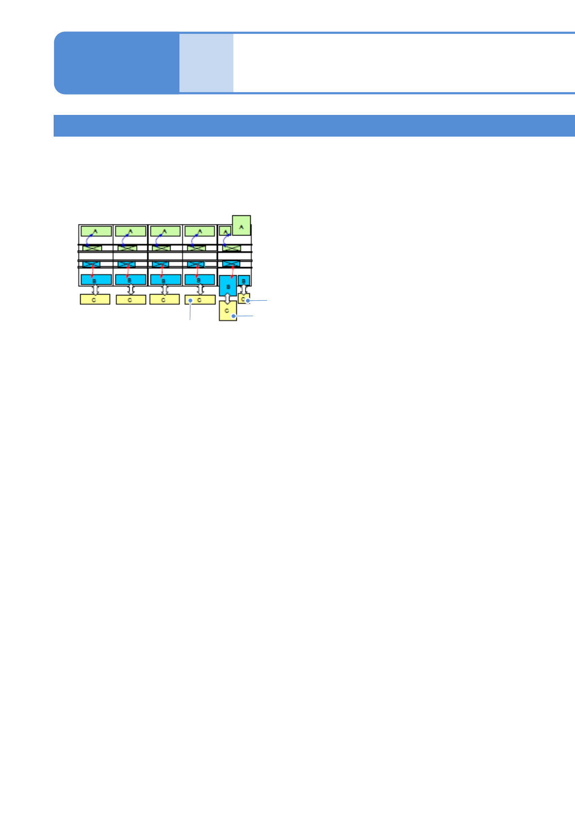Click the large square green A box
242,225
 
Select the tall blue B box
228,285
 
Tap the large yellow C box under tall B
228,311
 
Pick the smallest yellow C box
244,299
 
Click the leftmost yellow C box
95,300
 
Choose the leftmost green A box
96,231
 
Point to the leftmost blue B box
96,280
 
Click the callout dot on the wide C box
191,300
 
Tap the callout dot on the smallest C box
247,301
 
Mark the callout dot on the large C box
234,316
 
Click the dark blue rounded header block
116,63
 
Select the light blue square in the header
206,63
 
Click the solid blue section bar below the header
314,126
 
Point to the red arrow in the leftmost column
92,270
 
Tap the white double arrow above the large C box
228,298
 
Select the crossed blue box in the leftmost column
91,265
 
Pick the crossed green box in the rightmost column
231,248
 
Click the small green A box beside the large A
225,231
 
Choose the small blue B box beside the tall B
244,280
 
